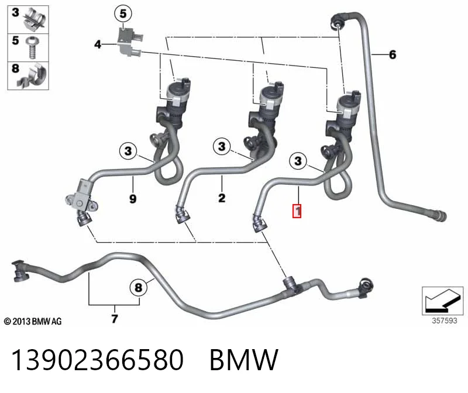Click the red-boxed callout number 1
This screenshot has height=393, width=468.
(297, 211)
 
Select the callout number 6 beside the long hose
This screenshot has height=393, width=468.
(393, 54)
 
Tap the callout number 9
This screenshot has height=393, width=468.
(133, 199)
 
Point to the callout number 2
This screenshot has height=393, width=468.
(222, 198)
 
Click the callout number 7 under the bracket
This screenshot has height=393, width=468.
(115, 318)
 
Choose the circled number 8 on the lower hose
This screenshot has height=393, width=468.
(139, 287)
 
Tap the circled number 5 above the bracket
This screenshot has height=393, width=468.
(123, 13)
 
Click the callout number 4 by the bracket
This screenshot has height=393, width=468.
(98, 44)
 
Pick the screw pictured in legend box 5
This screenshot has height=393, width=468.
(32, 47)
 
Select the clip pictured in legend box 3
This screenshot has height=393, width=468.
(35, 19)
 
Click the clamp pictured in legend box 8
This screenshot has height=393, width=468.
(33, 76)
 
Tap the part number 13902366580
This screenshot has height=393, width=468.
(97, 360)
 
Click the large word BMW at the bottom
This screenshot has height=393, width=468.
(244, 360)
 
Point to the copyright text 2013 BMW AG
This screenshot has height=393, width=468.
(33, 322)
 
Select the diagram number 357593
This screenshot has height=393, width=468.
(445, 320)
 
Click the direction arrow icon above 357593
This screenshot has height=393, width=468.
(443, 301)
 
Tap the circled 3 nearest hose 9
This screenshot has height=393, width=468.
(128, 151)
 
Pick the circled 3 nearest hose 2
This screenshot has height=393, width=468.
(222, 146)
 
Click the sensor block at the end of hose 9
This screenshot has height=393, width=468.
(81, 197)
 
